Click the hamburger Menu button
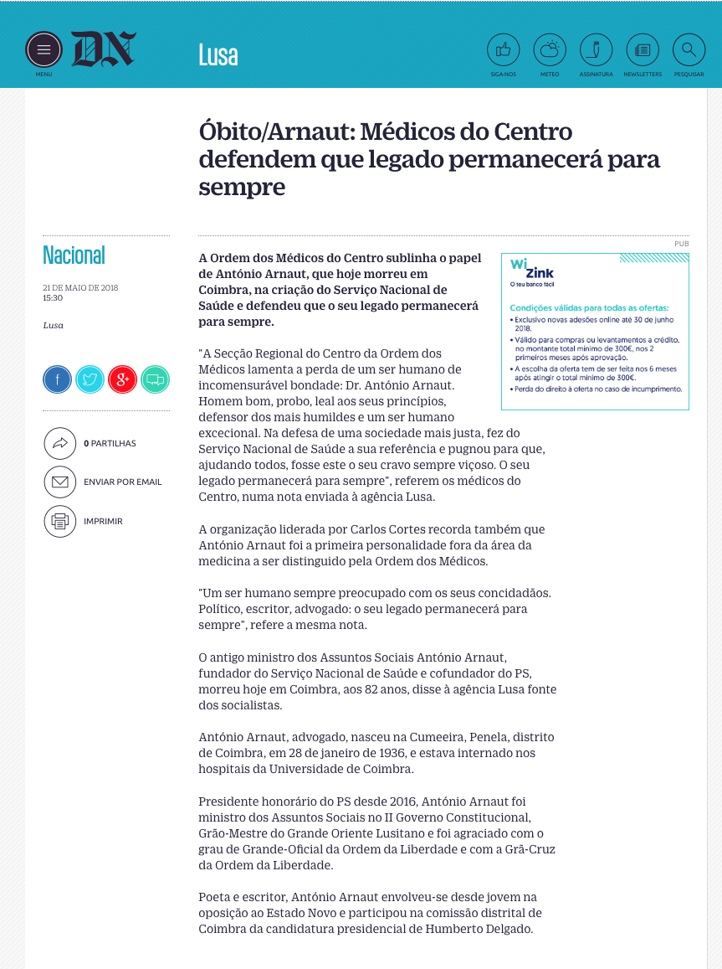[44, 49]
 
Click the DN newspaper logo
[104, 49]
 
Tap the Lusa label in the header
[218, 54]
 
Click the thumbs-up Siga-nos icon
[503, 50]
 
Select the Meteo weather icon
[550, 50]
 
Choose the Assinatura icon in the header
[596, 50]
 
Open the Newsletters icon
[643, 50]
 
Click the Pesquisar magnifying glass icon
[689, 50]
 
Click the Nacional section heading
[74, 255]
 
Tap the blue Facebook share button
[57, 379]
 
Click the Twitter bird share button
[90, 379]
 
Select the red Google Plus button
[122, 379]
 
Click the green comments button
[155, 379]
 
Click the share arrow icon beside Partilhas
[59, 443]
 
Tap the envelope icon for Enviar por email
[59, 482]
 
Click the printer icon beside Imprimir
[59, 521]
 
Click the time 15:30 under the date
[53, 297]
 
